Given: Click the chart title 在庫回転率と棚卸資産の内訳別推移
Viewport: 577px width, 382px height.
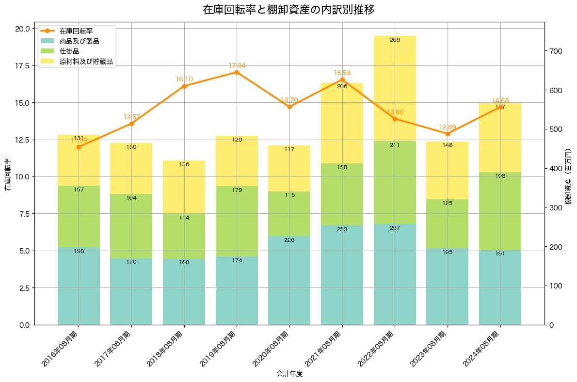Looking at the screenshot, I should pos(288,10).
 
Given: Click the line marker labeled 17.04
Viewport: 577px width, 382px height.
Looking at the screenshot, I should pos(237,72).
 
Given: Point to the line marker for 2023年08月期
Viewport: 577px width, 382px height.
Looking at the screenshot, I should pos(448,134).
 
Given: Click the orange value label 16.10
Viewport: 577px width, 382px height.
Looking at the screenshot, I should pos(184,79).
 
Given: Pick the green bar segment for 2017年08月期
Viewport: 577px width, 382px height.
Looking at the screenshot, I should pos(131,226).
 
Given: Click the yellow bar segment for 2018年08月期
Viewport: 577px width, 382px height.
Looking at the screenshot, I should pos(184,187).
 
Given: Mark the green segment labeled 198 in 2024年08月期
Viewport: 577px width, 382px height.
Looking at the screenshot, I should pos(500,211).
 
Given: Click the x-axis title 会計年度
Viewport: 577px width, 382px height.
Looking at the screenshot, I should pos(289,374).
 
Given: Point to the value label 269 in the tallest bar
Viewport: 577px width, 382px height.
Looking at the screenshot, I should pos(395,40).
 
